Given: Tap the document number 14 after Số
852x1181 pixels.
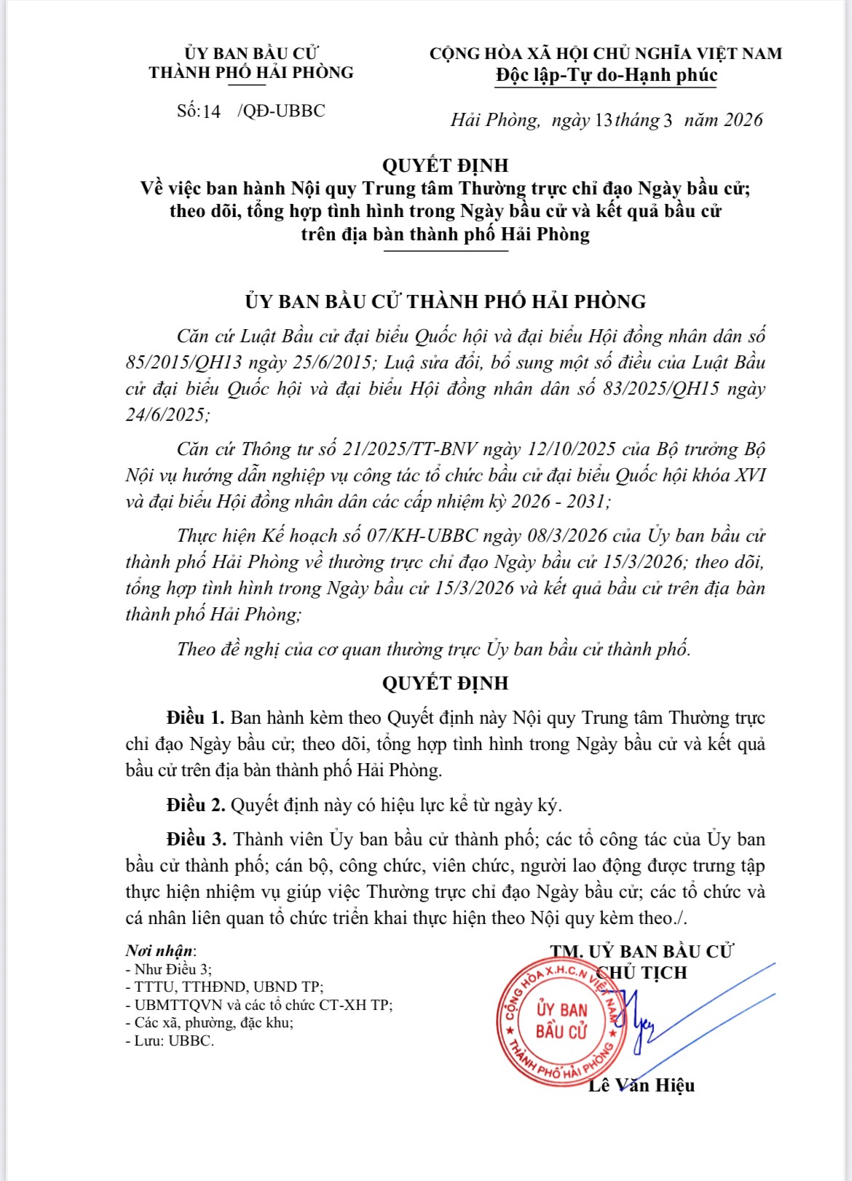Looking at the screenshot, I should (x=211, y=111).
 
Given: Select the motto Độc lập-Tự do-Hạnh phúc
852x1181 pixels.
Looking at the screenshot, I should (x=606, y=75).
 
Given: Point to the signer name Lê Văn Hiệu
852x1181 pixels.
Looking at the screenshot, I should (x=642, y=1085).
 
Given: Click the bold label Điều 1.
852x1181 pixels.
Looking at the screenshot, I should (x=195, y=718).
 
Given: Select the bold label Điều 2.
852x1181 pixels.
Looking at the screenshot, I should (x=195, y=805).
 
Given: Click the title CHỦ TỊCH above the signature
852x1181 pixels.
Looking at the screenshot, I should (x=642, y=973).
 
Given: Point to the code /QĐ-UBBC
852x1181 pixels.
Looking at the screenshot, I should (x=281, y=111).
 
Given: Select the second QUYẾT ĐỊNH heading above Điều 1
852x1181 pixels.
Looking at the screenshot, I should (x=445, y=683).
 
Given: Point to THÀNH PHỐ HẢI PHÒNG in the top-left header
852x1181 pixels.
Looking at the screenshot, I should (x=251, y=73).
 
